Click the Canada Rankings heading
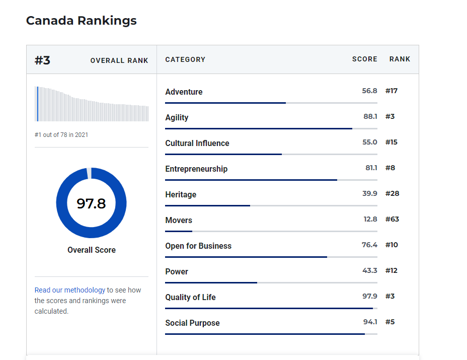tap(81, 21)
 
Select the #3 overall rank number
tap(42, 60)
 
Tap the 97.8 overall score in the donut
tap(91, 203)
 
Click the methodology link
tap(85, 290)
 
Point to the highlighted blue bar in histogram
tap(37, 104)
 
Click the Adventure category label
tap(184, 92)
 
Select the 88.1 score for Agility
tap(370, 116)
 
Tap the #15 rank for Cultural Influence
tap(391, 142)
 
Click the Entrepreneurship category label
tap(196, 169)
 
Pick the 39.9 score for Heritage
tap(369, 193)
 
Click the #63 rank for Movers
tap(392, 219)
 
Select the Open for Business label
tap(198, 246)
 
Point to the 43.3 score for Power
tap(369, 270)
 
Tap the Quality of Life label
tap(190, 297)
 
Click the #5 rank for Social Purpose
tap(390, 322)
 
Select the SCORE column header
tap(364, 59)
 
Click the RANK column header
tap(400, 59)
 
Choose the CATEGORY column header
tap(185, 59)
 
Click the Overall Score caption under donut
tap(92, 250)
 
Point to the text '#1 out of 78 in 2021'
tap(61, 134)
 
